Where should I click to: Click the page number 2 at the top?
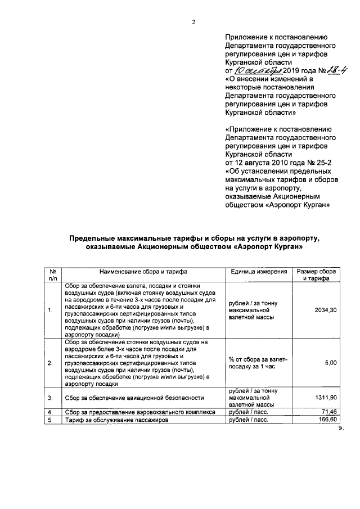pyautogui.click(x=193, y=22)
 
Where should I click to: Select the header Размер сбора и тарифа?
pyautogui.click(x=316, y=274)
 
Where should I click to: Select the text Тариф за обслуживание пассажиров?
pyautogui.click(x=116, y=420)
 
